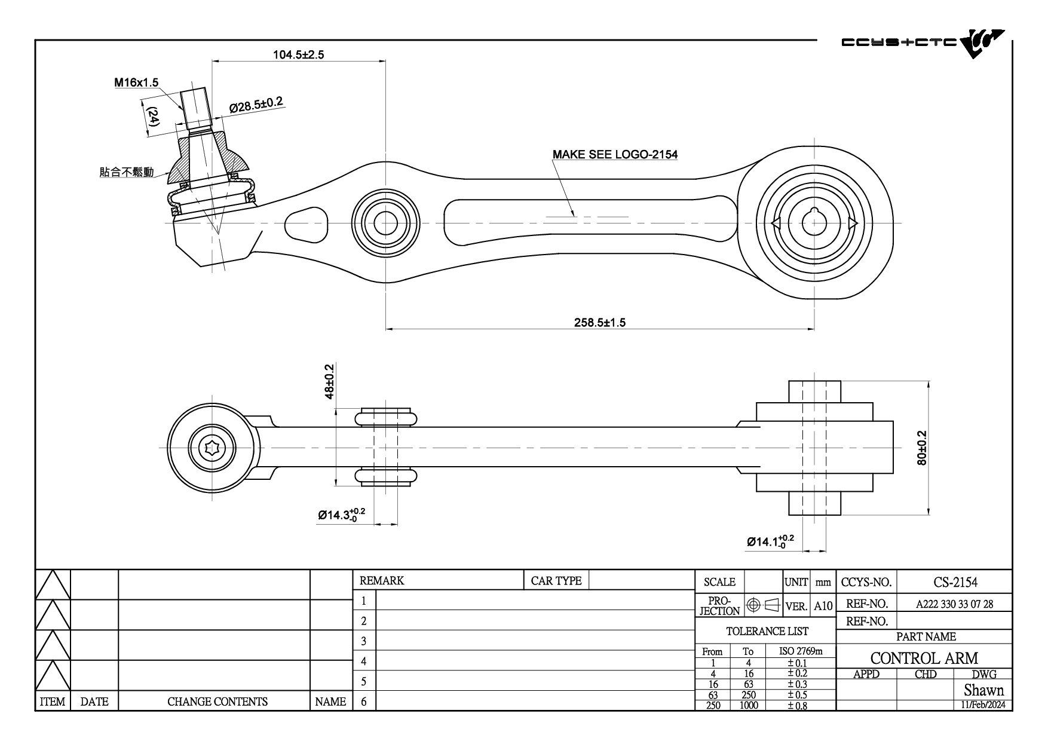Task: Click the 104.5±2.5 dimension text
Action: coord(299,55)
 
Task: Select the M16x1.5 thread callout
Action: coord(137,82)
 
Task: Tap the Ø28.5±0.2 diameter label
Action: coord(256,105)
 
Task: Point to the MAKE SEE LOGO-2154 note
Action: coord(615,154)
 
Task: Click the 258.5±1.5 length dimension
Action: coord(600,323)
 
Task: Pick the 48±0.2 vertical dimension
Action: coord(329,381)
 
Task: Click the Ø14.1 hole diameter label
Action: coord(771,541)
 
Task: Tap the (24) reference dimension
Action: coord(153,116)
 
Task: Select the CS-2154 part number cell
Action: coord(955,582)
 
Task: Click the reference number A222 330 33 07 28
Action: coord(955,604)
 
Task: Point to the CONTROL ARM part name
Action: coord(924,658)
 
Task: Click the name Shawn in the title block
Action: coord(983,690)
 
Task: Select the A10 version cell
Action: coord(823,606)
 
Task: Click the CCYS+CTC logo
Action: coord(923,45)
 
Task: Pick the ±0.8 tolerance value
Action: coord(797,705)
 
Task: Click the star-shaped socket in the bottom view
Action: coord(212,448)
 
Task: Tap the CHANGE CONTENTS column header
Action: coord(217,702)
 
